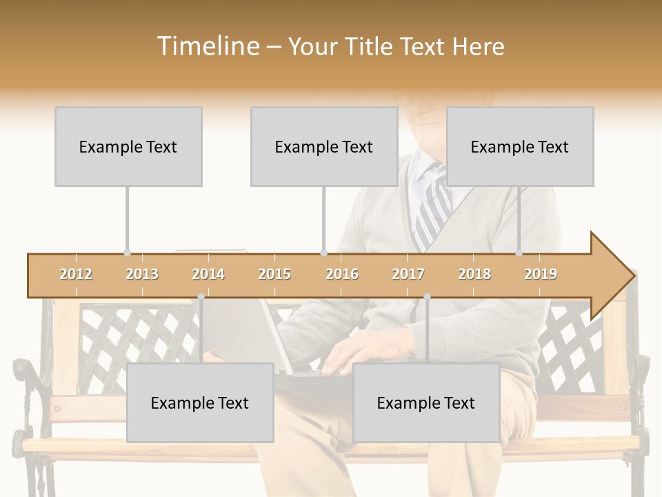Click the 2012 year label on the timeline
[76, 275]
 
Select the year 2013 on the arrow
[142, 275]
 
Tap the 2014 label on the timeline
[208, 275]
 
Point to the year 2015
[274, 275]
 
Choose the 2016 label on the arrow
[342, 275]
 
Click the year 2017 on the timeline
[408, 275]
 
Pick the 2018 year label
[474, 275]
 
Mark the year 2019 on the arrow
[541, 275]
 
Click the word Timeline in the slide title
[207, 46]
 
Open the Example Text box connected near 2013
[128, 147]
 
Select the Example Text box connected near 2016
[324, 147]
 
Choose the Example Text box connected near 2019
[520, 147]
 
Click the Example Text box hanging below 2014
[200, 403]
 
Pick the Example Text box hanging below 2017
[426, 403]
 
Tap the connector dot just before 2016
[323, 253]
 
